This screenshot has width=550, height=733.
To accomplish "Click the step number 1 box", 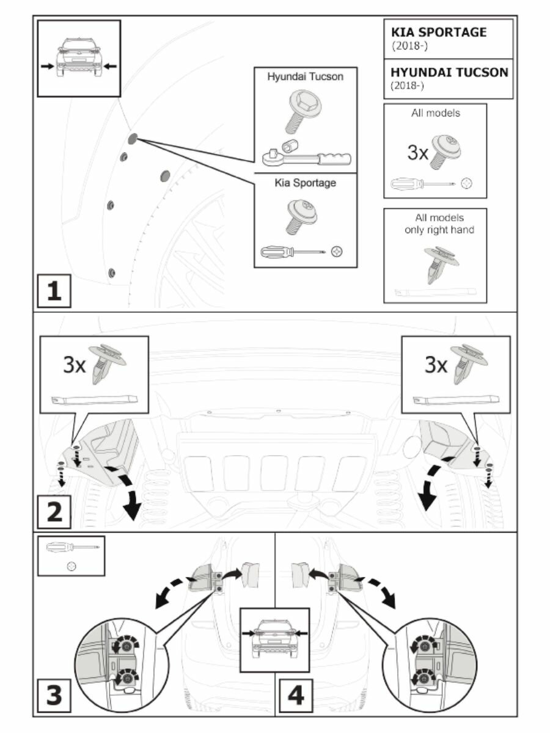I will pos(54,291).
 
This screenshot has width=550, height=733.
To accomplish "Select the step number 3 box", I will pos(54,695).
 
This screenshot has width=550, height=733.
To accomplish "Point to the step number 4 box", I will pos(295,695).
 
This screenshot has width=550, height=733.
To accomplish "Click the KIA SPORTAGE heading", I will pos(439,32).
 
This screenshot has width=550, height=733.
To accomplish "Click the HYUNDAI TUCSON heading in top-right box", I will pos(449,72).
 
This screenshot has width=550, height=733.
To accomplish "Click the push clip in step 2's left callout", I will pos(107,364).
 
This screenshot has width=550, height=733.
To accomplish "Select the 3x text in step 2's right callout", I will pos(435,365).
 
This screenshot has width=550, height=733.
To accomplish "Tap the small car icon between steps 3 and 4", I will pos(274,638).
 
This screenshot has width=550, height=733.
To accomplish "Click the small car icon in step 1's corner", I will pos(79,58).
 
